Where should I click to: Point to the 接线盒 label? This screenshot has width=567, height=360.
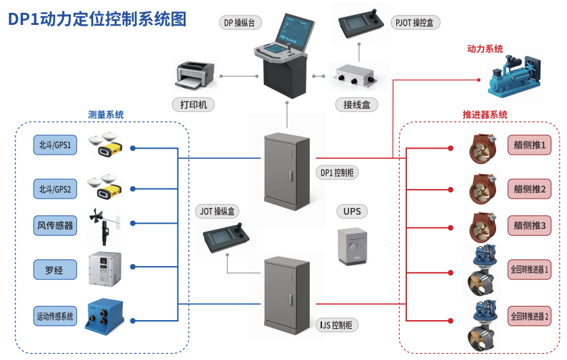(356, 105)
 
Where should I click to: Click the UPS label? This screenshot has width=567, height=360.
(352, 211)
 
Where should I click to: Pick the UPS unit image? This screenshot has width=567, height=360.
(352, 246)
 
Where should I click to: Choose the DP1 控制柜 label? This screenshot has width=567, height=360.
(337, 172)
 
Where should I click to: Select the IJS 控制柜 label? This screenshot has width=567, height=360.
(337, 325)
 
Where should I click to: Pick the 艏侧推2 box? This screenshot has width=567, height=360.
(530, 189)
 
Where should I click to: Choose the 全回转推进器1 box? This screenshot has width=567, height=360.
(530, 269)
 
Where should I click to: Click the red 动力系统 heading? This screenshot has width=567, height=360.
(485, 49)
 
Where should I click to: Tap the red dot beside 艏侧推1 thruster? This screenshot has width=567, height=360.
(450, 147)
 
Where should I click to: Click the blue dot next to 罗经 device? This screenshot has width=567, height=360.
(133, 267)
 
